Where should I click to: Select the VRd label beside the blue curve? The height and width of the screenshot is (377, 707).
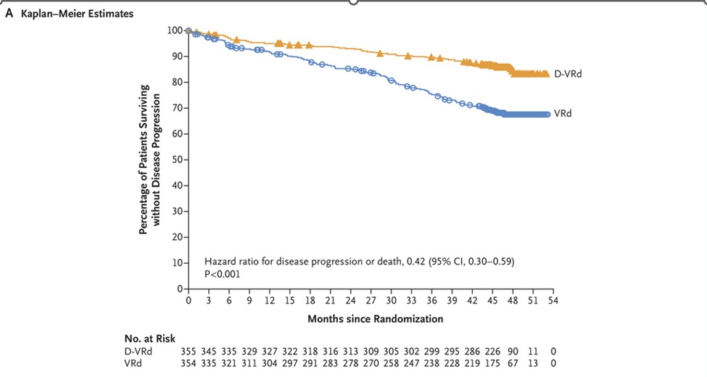click(x=563, y=114)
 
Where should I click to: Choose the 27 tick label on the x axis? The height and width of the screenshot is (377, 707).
click(x=371, y=301)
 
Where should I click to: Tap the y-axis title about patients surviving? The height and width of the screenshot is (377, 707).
click(x=150, y=159)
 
